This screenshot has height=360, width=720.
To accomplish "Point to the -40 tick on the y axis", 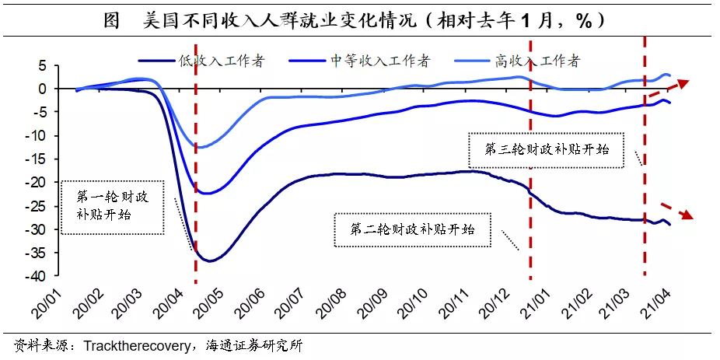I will (49, 276).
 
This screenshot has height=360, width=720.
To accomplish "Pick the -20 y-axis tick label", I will (49, 183).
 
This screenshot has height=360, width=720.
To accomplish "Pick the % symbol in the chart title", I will (585, 20).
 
